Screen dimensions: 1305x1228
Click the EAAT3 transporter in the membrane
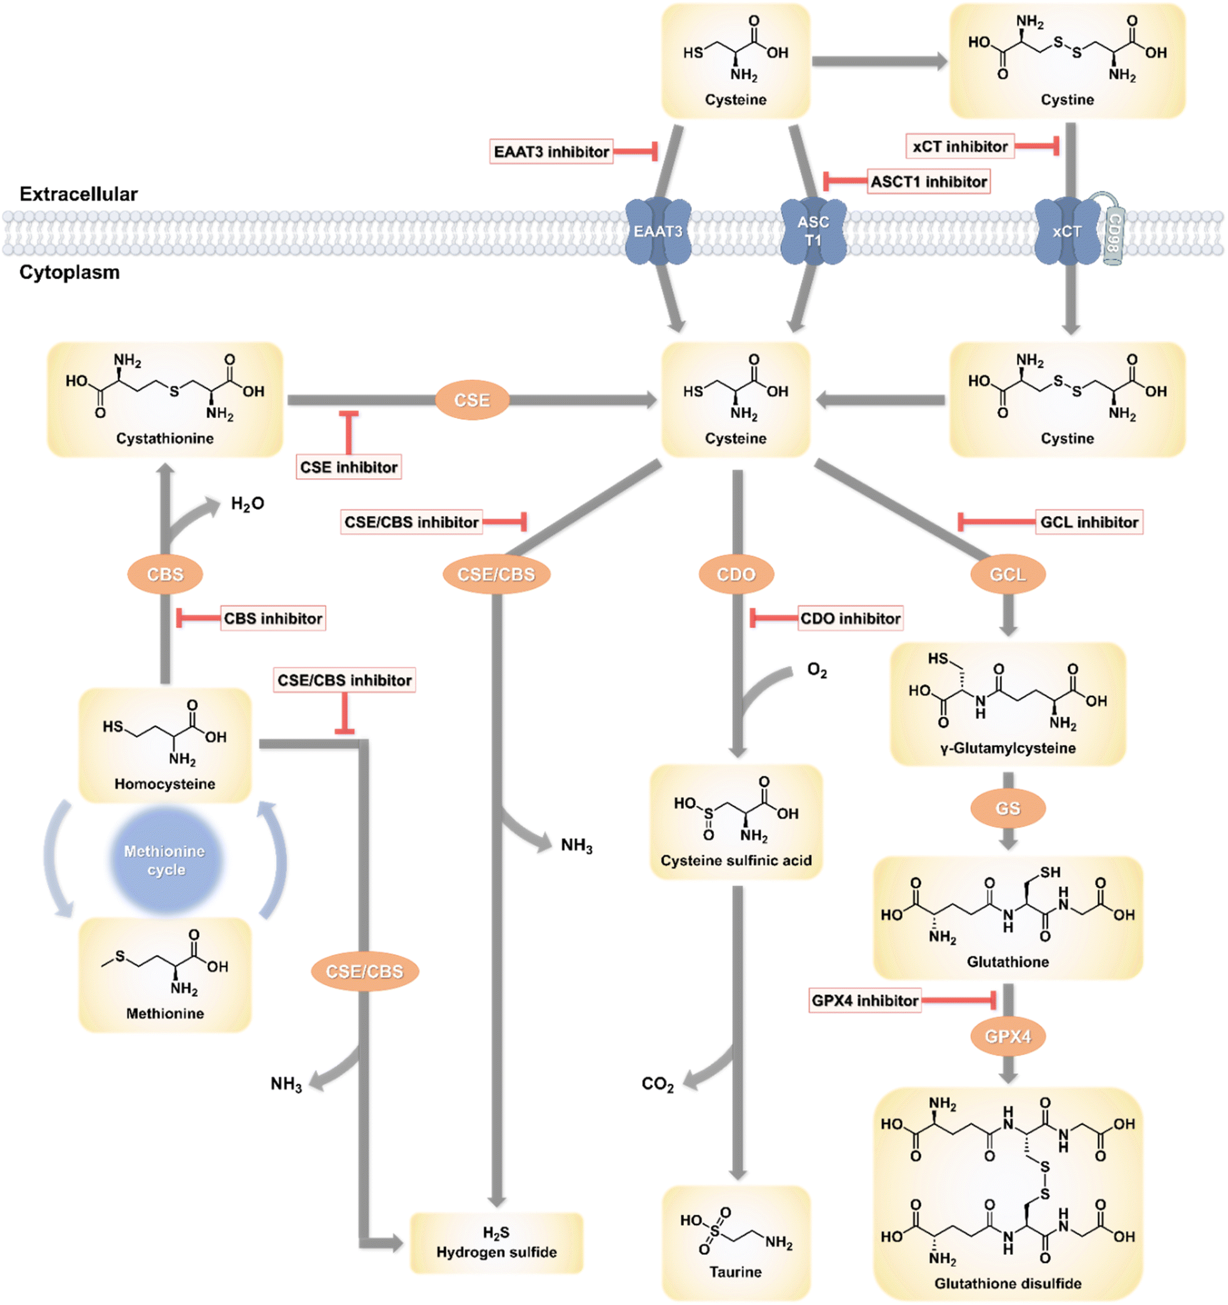click(658, 231)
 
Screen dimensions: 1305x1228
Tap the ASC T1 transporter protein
click(813, 232)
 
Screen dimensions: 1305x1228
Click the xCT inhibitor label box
click(959, 146)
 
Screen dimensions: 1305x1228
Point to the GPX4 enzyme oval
click(1008, 1036)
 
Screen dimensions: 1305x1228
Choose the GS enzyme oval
click(1008, 808)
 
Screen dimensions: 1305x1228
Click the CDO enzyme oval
click(736, 574)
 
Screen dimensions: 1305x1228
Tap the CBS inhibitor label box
click(272, 618)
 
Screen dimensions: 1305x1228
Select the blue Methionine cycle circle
click(166, 861)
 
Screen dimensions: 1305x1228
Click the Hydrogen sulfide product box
click(496, 1243)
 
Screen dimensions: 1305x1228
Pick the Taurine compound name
click(735, 1271)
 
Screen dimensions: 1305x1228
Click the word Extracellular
click(79, 194)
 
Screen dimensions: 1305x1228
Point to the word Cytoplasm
click(69, 272)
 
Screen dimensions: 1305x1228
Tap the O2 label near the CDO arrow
click(816, 670)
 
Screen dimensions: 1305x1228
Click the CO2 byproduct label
click(657, 1084)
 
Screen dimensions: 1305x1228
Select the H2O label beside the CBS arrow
click(247, 504)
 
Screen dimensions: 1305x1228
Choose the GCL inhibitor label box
click(1089, 522)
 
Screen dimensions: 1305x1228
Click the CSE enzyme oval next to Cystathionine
click(472, 400)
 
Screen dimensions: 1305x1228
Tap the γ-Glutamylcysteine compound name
click(1008, 748)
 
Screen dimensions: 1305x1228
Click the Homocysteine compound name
click(165, 784)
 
